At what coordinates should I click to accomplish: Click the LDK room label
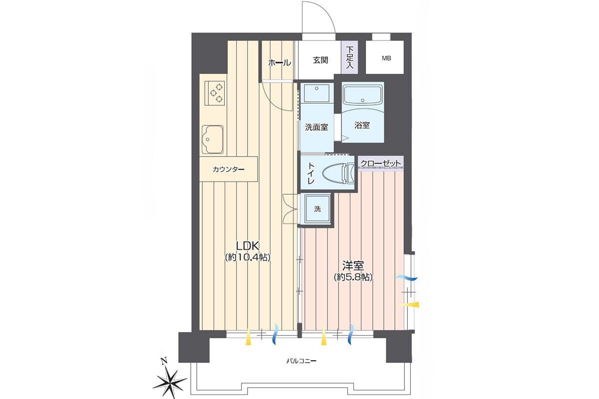[x=248, y=245]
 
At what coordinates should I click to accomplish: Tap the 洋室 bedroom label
[x=353, y=266]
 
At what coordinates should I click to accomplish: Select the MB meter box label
[x=386, y=58]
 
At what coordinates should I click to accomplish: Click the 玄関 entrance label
[x=320, y=60]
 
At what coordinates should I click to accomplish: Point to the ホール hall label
[x=280, y=63]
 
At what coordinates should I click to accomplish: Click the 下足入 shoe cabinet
[x=349, y=57]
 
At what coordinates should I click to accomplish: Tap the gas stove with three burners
[x=215, y=93]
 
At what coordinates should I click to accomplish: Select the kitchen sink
[x=213, y=140]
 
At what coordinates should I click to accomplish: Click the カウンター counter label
[x=229, y=170]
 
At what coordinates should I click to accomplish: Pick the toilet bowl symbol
[x=338, y=174]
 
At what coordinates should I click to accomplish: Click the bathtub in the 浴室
[x=362, y=96]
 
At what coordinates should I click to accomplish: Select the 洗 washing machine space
[x=317, y=208]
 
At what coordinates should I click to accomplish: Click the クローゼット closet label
[x=381, y=163]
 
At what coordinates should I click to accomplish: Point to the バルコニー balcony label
[x=301, y=361]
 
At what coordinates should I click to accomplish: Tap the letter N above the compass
[x=164, y=361]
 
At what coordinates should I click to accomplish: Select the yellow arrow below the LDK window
[x=249, y=339]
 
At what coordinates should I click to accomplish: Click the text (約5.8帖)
[x=353, y=277]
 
